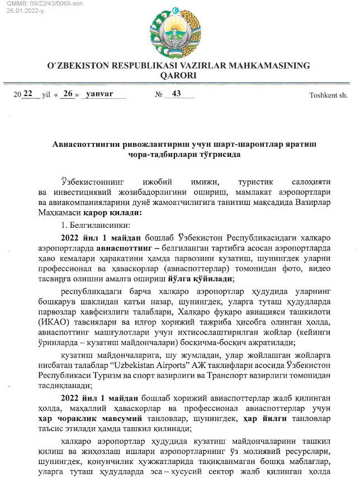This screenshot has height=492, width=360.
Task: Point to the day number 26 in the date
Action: tap(68, 93)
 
